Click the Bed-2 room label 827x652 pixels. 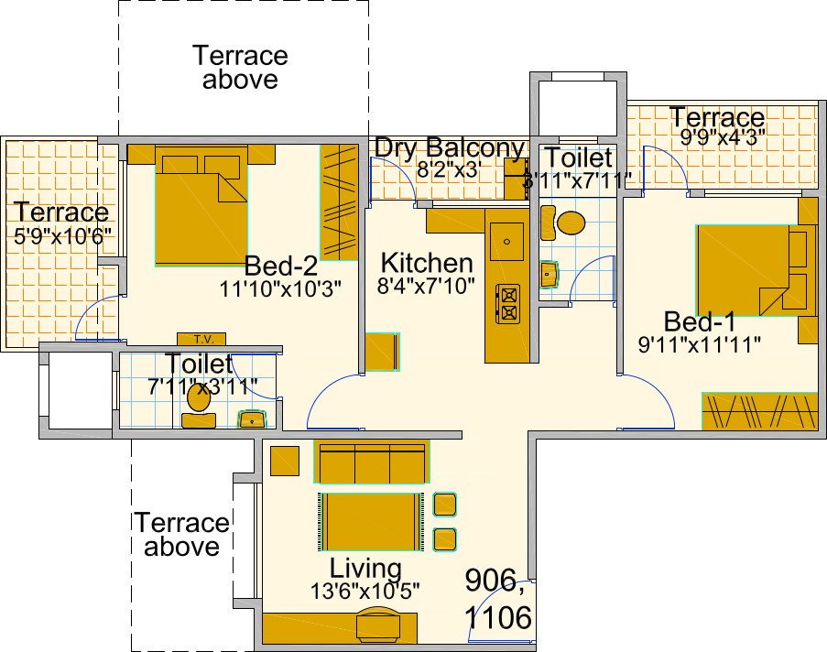(x=280, y=266)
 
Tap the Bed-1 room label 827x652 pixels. (x=700, y=322)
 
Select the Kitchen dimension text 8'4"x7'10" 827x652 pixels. (x=427, y=286)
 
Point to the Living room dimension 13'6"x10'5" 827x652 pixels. (x=365, y=591)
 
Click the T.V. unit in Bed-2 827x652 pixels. (x=201, y=339)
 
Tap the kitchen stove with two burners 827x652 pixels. (x=507, y=304)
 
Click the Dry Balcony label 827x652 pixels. (x=450, y=148)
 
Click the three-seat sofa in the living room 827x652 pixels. (x=371, y=462)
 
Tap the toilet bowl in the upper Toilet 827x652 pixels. (x=571, y=223)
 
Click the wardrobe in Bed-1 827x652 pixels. (x=759, y=411)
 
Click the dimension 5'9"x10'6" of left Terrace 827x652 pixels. (x=62, y=234)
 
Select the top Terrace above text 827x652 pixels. (x=240, y=67)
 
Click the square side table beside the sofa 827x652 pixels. (x=285, y=461)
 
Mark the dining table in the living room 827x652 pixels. (x=371, y=521)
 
